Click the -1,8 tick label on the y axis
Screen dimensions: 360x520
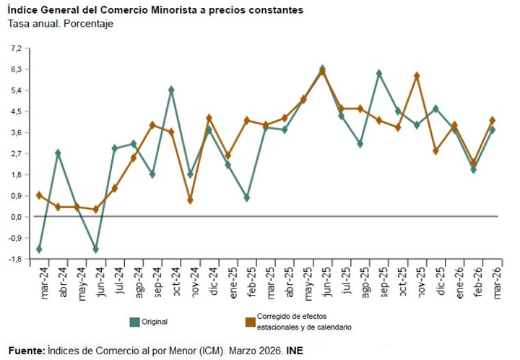coord(16,259)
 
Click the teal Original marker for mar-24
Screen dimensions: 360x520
coord(39,249)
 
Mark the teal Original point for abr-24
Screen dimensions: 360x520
coord(58,153)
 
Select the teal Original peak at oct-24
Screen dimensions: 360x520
coord(171,90)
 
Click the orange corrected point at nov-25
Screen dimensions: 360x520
coord(417,76)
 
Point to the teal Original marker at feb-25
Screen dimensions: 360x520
coord(247,197)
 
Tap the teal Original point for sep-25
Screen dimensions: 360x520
coord(379,74)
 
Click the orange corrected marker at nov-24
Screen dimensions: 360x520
coord(190,200)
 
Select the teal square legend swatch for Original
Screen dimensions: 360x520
coord(134,322)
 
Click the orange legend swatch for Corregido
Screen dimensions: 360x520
coord(250,322)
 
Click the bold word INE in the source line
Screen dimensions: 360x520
coord(295,350)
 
